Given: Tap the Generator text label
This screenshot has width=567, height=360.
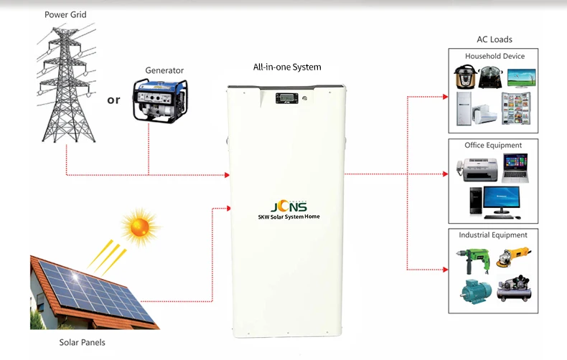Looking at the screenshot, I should [164, 70].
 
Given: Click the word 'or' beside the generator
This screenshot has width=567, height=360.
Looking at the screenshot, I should [113, 100].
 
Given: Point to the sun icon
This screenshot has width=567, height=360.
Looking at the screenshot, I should [139, 228].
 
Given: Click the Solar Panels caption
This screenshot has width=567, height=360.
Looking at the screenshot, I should [82, 342].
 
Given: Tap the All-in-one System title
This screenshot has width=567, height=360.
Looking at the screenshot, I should [287, 67].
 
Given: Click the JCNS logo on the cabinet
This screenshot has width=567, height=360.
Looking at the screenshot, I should [287, 204].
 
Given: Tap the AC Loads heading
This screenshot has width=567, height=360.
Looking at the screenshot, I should [495, 39].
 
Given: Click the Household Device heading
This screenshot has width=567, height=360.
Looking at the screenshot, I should [495, 56].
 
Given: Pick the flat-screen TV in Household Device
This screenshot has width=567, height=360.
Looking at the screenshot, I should [521, 77].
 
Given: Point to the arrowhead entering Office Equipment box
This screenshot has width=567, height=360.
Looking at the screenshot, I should [445, 174].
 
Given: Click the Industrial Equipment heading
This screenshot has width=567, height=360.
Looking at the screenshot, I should [493, 235].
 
